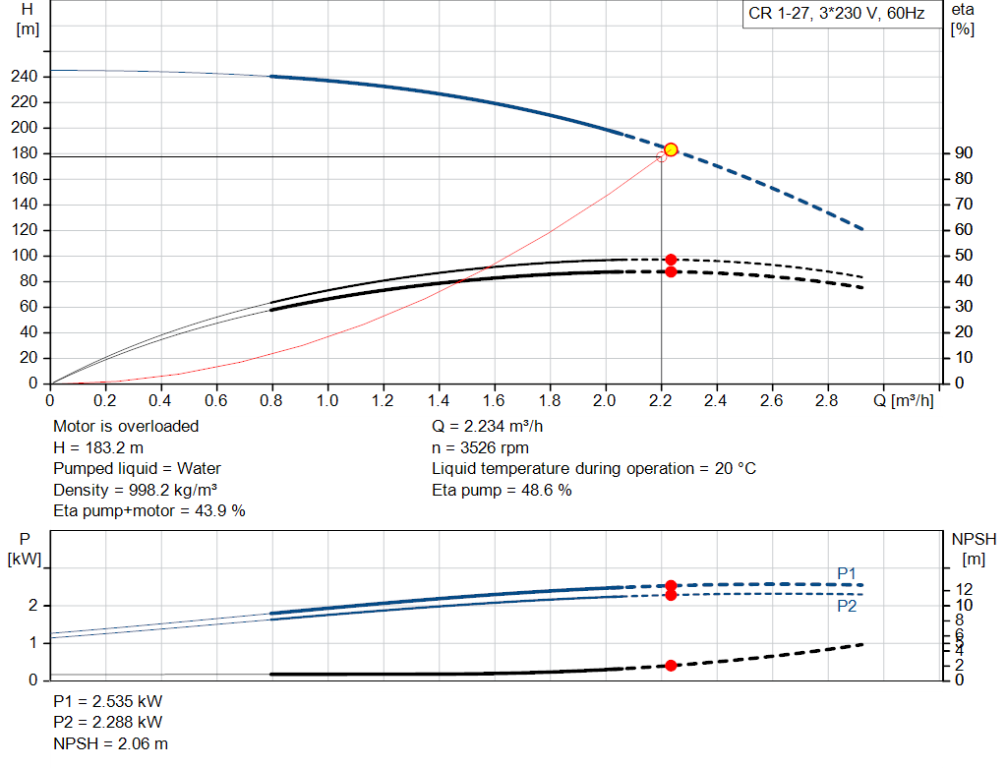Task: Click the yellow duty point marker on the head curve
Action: pos(671,149)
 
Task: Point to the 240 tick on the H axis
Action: pos(25,77)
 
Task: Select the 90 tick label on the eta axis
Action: pos(964,152)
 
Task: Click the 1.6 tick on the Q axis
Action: pos(494,400)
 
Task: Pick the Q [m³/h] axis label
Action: pos(903,400)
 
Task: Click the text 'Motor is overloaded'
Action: pos(126,427)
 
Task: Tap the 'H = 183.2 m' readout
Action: pos(98,447)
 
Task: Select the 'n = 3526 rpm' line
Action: pos(480,447)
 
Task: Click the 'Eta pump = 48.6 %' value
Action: pos(502,490)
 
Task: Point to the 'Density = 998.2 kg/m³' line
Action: pos(135,490)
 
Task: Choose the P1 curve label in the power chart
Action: pos(847,573)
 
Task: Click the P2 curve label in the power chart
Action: pos(847,606)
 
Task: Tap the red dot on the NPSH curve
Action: pos(671,666)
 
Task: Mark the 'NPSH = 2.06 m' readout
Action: pos(110,743)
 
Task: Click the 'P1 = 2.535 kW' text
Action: pos(108,701)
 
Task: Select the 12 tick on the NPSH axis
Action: pos(964,589)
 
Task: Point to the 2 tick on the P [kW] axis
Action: pos(32,606)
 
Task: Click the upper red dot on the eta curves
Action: pos(671,260)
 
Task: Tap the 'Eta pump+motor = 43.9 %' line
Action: pos(149,511)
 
